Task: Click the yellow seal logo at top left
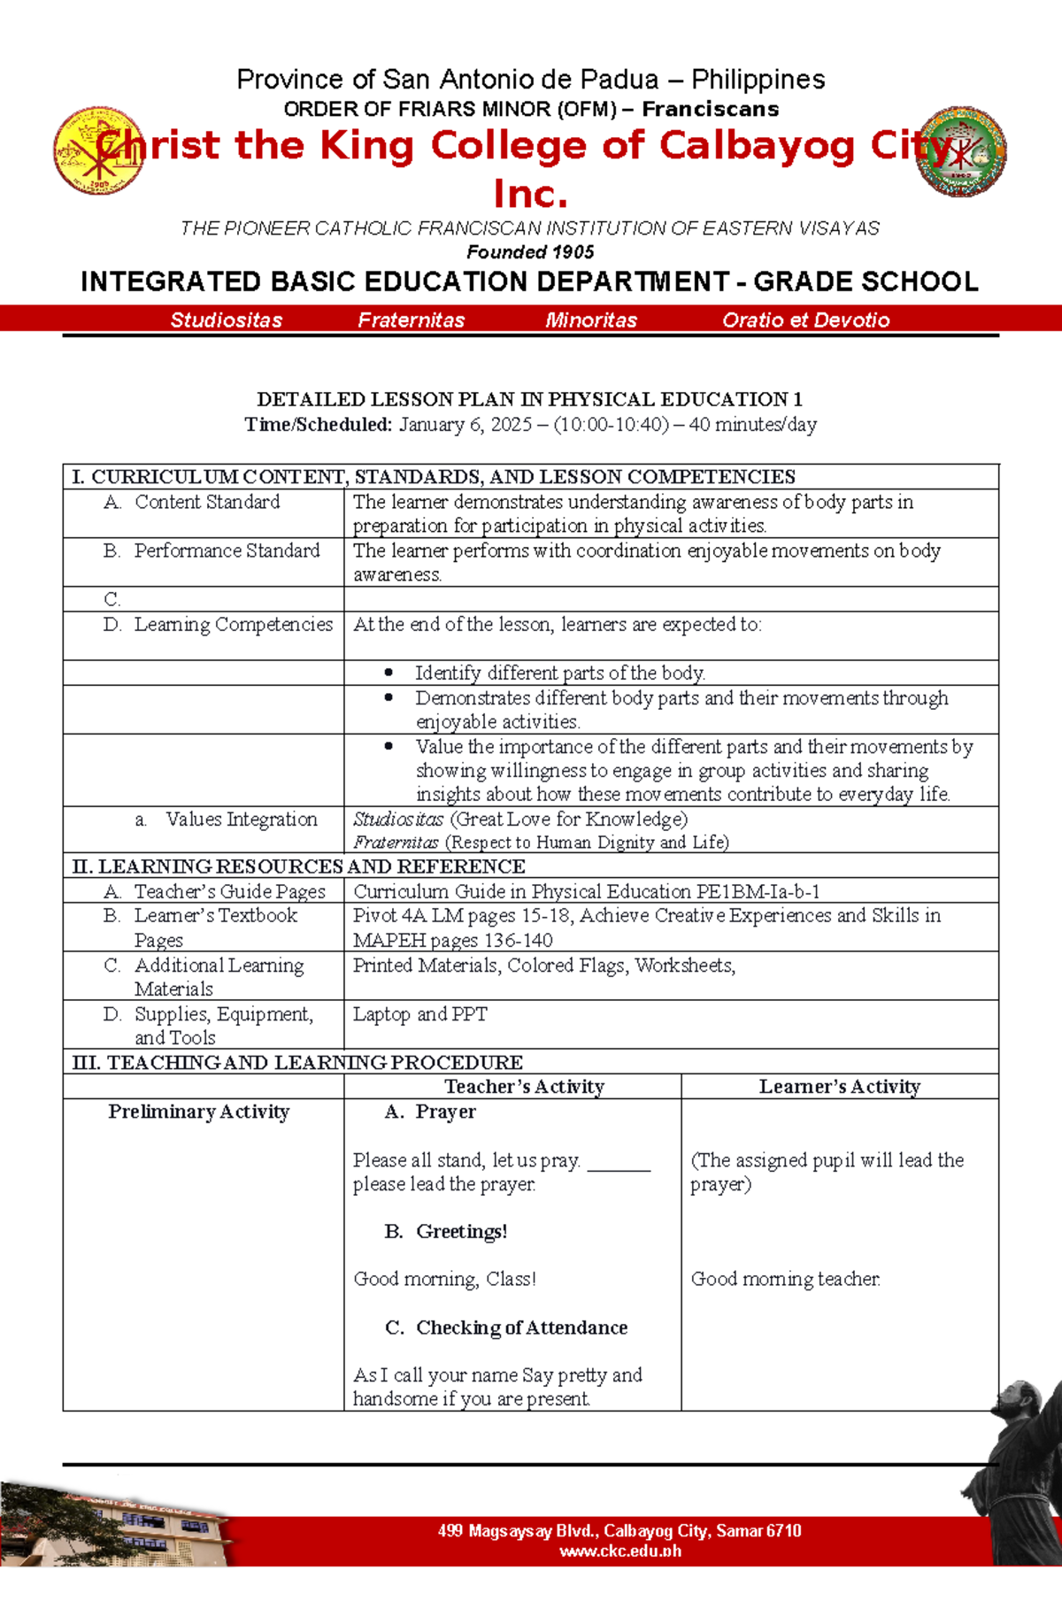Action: (98, 150)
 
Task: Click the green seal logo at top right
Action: (961, 151)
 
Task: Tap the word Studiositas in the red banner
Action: (226, 320)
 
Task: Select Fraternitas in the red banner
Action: (411, 320)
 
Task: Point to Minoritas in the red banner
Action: (591, 320)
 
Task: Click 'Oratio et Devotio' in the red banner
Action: (805, 320)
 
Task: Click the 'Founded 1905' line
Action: (530, 252)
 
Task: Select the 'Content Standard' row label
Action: (206, 502)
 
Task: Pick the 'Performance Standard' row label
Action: (227, 550)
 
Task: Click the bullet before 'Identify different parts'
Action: (389, 673)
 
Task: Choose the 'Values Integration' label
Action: (241, 820)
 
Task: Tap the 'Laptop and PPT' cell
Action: (419, 1014)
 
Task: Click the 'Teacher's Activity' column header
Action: (524, 1087)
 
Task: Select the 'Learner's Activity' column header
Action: (839, 1087)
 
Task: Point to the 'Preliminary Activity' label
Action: (198, 1112)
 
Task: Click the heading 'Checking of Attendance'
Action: (521, 1328)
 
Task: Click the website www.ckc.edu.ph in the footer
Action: (619, 1551)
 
